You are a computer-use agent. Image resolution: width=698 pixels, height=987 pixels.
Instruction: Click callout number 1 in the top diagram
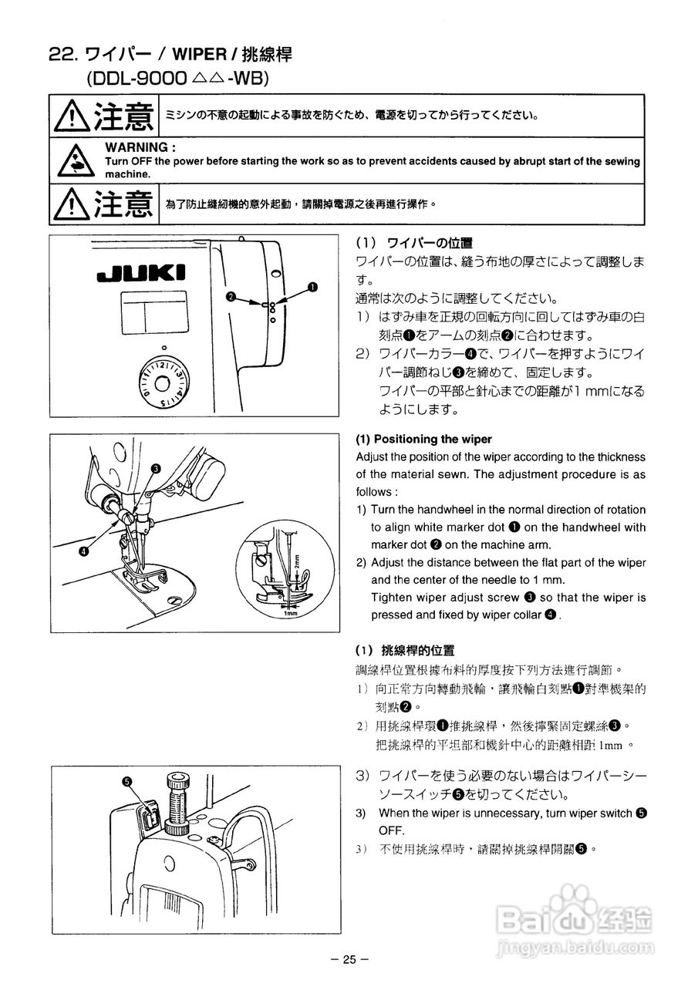pos(312,287)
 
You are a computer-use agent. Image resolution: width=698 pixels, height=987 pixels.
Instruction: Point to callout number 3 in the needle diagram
pos(156,468)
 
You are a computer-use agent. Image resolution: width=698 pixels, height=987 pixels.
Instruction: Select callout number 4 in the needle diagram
pos(83,550)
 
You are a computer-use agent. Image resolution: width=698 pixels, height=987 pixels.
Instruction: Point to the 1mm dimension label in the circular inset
pos(290,614)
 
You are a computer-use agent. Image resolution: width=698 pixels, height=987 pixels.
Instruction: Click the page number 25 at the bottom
pos(349,959)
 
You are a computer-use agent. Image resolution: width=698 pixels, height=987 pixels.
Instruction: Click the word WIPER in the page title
pos(202,56)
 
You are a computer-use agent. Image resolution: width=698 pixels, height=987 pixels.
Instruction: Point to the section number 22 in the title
pos(61,56)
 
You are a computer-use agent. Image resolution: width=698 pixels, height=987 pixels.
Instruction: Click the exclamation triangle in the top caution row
pos(72,117)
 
